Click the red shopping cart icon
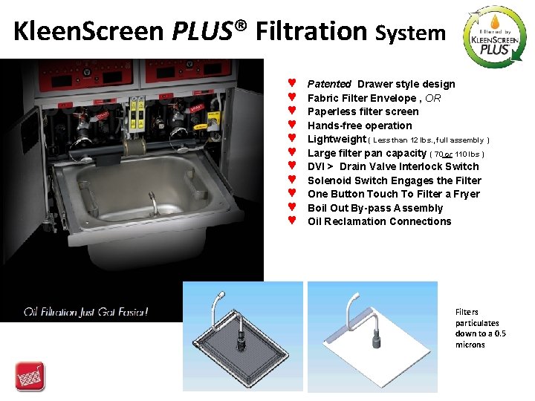(30, 376)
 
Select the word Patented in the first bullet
(329, 84)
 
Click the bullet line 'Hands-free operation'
(360, 125)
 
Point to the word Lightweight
(337, 140)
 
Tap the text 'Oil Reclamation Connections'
(379, 221)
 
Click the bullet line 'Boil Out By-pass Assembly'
(374, 208)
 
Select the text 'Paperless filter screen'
(363, 111)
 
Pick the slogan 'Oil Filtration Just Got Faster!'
(85, 311)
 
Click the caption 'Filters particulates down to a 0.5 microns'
(480, 328)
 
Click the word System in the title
(410, 33)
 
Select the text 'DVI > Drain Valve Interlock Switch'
(393, 166)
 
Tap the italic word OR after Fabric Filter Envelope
(433, 98)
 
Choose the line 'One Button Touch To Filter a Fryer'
(393, 194)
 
